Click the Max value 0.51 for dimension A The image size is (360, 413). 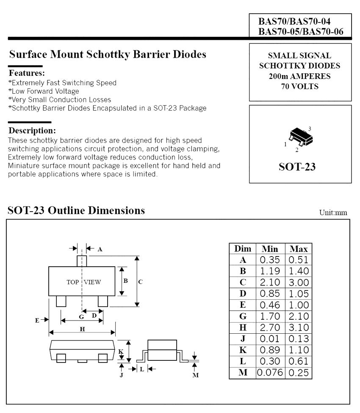(x=298, y=260)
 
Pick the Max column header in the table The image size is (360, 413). (x=298, y=248)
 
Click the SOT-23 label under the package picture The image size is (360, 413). (x=300, y=166)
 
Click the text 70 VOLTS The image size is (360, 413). (x=299, y=87)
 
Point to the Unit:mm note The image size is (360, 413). (x=335, y=213)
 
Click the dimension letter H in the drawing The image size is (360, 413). (x=83, y=329)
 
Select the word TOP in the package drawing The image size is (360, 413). (x=73, y=282)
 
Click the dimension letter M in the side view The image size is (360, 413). (x=195, y=375)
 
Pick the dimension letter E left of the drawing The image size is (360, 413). (x=37, y=320)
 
